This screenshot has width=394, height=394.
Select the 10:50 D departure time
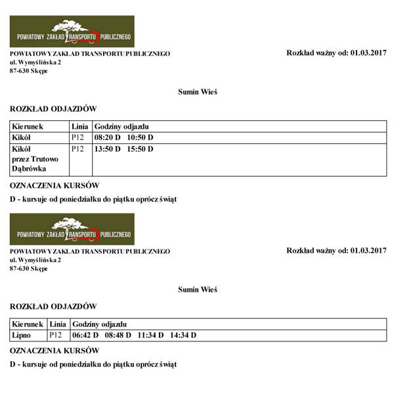coord(140,137)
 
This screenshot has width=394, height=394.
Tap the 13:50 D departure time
coord(108,149)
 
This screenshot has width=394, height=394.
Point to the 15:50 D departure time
coord(140,149)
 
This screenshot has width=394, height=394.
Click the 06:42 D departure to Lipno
coord(85,336)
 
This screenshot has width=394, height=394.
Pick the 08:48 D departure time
coord(118,336)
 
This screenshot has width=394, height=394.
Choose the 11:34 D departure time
coord(150,336)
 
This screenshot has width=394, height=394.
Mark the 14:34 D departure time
coord(183,336)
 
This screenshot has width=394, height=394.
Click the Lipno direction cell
coord(22,336)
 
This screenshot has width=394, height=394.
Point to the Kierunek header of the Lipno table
coord(28,324)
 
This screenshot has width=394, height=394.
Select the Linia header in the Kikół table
coord(79,125)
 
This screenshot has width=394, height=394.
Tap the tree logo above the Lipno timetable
coord(72,228)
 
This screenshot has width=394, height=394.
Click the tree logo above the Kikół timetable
coord(72,30)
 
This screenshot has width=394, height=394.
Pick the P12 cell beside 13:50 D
coord(77,149)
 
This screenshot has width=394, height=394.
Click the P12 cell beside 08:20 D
coord(77,137)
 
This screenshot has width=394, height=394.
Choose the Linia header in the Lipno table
coord(58,324)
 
